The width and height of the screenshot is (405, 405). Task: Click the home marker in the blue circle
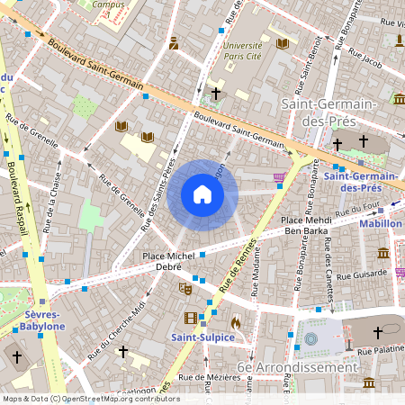point(202,194)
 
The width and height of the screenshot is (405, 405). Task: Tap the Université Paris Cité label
point(242,49)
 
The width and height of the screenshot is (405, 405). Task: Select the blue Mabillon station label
point(380,223)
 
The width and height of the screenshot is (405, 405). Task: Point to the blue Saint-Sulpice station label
point(203,337)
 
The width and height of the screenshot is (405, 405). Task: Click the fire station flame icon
point(235,321)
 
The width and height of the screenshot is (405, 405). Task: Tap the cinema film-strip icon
point(190,318)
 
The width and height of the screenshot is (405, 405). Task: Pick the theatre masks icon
point(185,289)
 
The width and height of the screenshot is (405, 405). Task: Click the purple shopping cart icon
point(279,176)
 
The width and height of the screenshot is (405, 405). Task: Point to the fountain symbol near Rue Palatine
point(311,339)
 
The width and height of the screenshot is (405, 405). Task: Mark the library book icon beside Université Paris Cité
point(283,43)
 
